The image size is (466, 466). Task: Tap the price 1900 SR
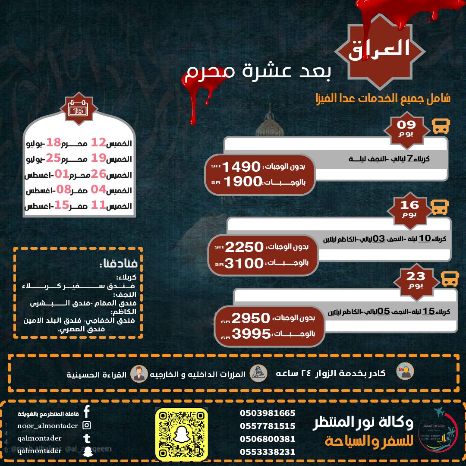[240, 182]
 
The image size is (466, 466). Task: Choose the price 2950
[251, 319]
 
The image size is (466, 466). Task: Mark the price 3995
[251, 334]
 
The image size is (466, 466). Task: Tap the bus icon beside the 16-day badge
[440, 207]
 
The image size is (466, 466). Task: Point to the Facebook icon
[87, 412]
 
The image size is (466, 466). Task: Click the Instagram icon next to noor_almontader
[87, 425]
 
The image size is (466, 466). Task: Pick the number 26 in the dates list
[98, 174]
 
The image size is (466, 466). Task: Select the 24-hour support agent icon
[405, 372]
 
